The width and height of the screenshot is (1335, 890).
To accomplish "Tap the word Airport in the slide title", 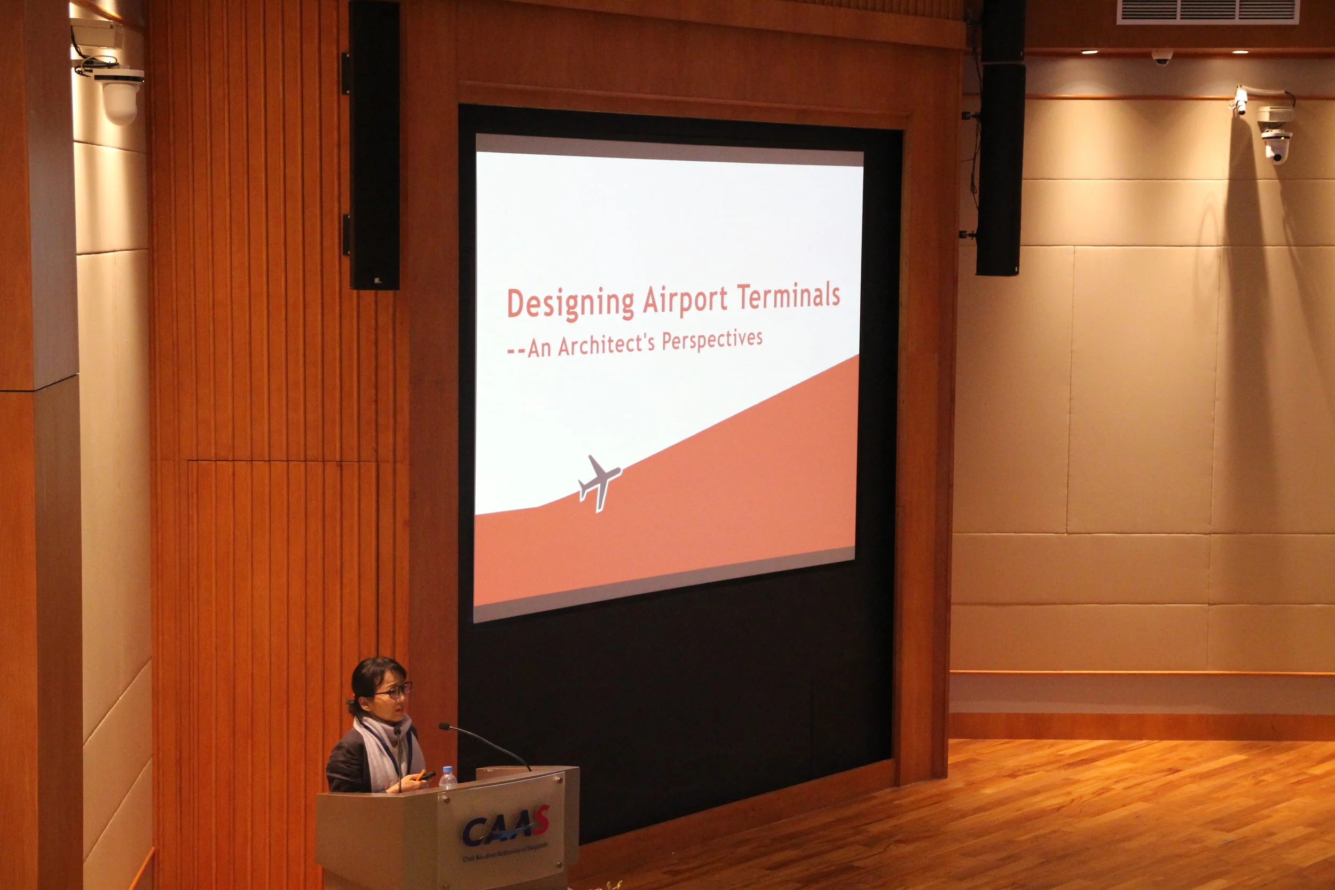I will click(x=685, y=299).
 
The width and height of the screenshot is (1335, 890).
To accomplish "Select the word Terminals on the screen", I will click(x=788, y=296).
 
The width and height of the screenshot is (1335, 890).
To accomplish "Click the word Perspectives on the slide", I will click(x=712, y=340).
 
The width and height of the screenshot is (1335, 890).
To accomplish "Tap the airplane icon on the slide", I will click(x=599, y=482).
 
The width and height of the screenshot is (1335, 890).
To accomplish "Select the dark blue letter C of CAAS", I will click(x=473, y=831).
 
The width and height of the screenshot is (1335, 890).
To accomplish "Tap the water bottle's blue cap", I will click(x=447, y=770).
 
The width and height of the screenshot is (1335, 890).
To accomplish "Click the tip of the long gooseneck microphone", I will click(x=442, y=726).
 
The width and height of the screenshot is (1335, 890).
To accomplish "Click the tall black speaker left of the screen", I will click(x=374, y=145).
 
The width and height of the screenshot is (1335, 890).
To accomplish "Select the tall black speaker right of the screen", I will click(x=1001, y=139).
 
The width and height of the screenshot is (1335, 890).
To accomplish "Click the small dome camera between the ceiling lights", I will click(x=1162, y=56).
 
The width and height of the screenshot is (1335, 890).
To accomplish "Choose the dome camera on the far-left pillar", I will click(x=120, y=93).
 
